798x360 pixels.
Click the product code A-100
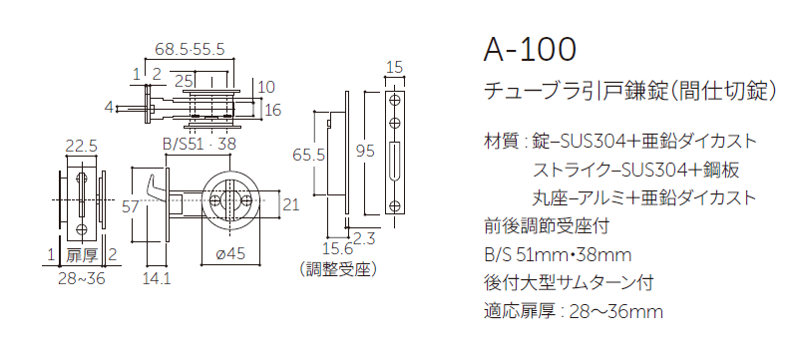coord(529,49)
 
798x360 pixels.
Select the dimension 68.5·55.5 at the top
coord(190,48)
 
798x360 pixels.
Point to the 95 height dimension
coord(365,152)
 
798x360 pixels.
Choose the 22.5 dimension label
coord(81,146)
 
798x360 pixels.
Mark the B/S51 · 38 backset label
coord(199,146)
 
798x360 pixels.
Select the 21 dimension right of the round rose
coord(290,205)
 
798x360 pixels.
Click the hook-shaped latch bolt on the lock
coord(151,185)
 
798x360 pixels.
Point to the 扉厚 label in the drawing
coord(80,254)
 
